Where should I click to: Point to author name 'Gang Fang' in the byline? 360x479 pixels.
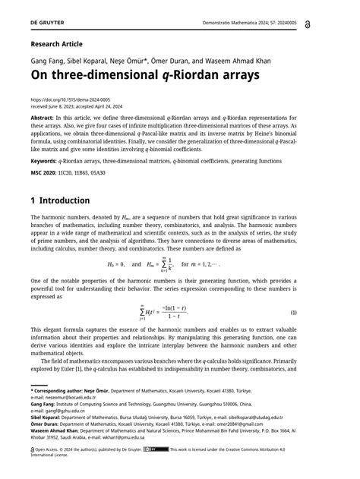pyautogui.click(x=47, y=60)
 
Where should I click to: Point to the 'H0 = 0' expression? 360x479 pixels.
pyautogui.click(x=115, y=263)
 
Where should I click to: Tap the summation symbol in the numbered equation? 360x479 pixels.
pyautogui.click(x=142, y=311)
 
